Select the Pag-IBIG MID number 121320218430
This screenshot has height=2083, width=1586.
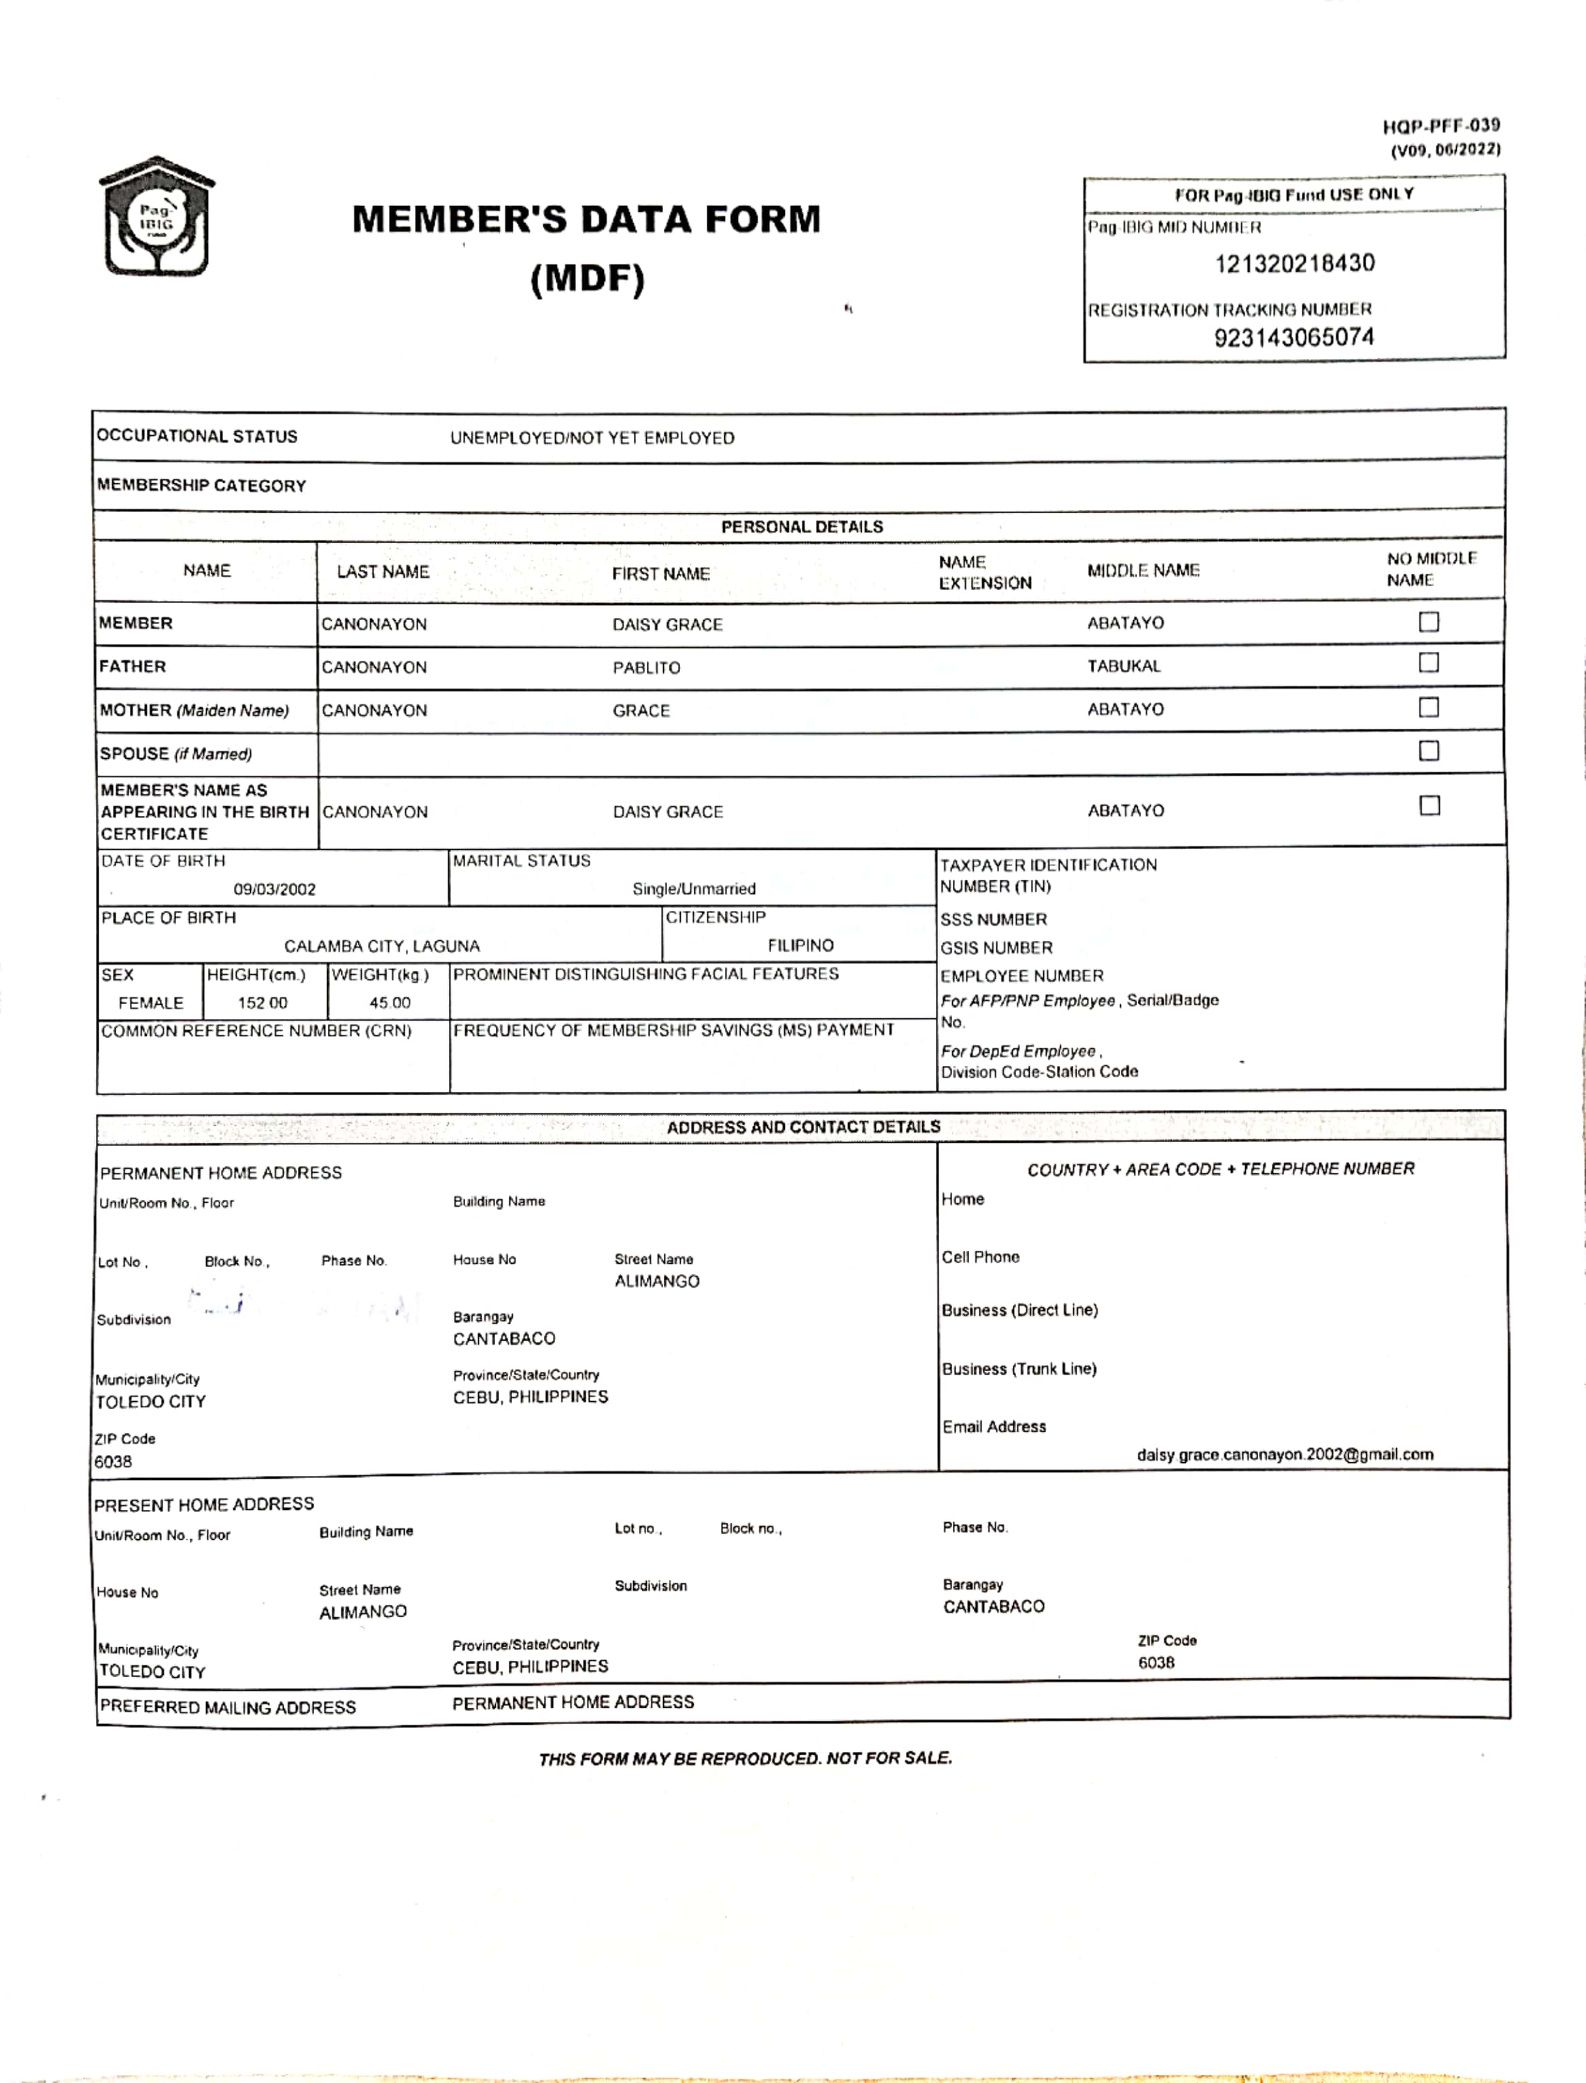pyautogui.click(x=1294, y=263)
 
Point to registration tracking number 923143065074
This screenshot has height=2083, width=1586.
pyautogui.click(x=1294, y=337)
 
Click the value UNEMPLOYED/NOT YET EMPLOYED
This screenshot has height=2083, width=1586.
pyautogui.click(x=592, y=438)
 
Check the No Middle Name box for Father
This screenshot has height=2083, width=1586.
pyautogui.click(x=1428, y=663)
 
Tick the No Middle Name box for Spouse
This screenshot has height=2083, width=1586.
pyautogui.click(x=1428, y=751)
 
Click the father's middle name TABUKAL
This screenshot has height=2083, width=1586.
pyautogui.click(x=1124, y=666)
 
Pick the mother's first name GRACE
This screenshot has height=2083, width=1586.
pyautogui.click(x=641, y=710)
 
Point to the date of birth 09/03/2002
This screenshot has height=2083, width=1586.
pyautogui.click(x=275, y=889)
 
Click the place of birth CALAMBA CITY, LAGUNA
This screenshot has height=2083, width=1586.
pyautogui.click(x=382, y=946)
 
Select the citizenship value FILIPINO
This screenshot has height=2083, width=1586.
pyautogui.click(x=800, y=946)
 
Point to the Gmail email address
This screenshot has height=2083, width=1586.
pyautogui.click(x=1284, y=1454)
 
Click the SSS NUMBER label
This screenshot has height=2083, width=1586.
pyautogui.click(x=993, y=919)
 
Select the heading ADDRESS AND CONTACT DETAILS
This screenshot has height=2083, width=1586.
pyautogui.click(x=803, y=1127)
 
